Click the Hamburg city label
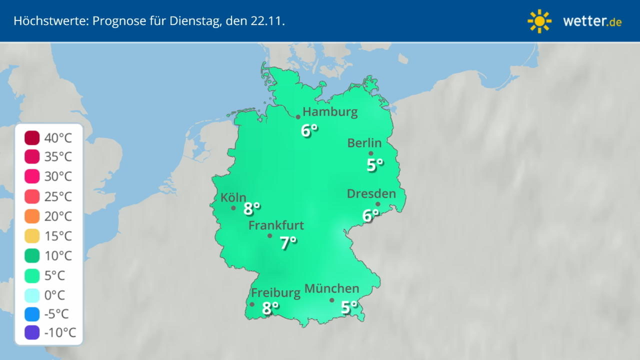click(330, 111)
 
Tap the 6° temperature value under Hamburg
click(309, 130)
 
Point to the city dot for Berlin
click(371, 153)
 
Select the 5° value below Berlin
click(374, 164)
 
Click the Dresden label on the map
click(371, 193)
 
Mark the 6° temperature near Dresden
click(370, 215)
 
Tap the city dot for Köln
click(233, 208)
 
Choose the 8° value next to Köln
click(251, 208)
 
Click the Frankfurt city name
click(276, 225)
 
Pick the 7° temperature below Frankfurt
click(288, 243)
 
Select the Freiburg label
click(275, 292)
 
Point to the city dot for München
click(331, 300)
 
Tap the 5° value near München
click(349, 307)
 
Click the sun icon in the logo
click(539, 21)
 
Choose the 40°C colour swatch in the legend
click(31, 137)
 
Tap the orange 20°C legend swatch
click(31, 216)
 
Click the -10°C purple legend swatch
click(31, 332)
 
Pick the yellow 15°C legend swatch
click(31, 236)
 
